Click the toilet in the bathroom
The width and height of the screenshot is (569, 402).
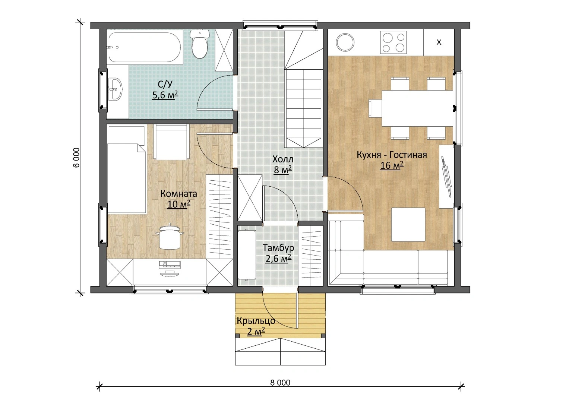[x=200, y=44]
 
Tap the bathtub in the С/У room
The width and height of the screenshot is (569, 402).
[x=145, y=47]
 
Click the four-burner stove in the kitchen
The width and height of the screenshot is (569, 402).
[x=393, y=43]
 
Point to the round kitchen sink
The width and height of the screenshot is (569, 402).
[x=345, y=42]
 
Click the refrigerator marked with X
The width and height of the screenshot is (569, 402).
[x=439, y=42]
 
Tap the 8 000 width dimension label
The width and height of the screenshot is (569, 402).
[x=280, y=383]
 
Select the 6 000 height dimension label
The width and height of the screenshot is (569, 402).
[x=76, y=158]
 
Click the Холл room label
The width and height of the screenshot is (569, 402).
[x=283, y=159]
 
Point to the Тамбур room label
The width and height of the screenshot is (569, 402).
[x=278, y=248]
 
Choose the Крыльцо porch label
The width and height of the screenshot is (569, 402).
[x=256, y=321]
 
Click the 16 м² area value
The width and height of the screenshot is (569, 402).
[x=392, y=165]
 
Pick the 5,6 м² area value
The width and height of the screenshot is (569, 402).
[x=165, y=95]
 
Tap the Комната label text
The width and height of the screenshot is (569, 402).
[x=178, y=194]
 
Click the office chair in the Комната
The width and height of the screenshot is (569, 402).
[x=170, y=237]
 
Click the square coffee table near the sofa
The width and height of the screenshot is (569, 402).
[x=408, y=225]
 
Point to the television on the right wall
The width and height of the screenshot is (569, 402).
[x=446, y=177]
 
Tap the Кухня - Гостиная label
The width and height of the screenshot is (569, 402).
[x=392, y=155]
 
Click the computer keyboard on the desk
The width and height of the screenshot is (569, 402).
[x=170, y=265]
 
